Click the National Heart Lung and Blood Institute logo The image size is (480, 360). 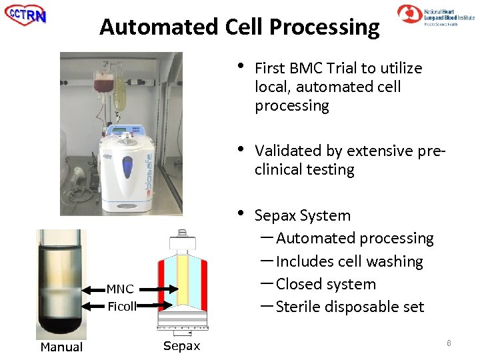pos(436,15)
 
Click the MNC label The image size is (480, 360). pos(120,289)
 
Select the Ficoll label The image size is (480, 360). pos(121,307)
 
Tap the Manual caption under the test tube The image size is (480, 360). pos(61,347)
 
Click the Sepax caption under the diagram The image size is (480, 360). pos(181,346)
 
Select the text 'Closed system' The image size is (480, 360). pos(325,284)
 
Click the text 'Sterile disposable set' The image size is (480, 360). pos(349,307)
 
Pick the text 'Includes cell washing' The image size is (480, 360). pos(349,261)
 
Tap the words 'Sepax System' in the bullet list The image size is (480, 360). pos(302,215)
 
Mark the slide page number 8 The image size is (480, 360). pos(449,343)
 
